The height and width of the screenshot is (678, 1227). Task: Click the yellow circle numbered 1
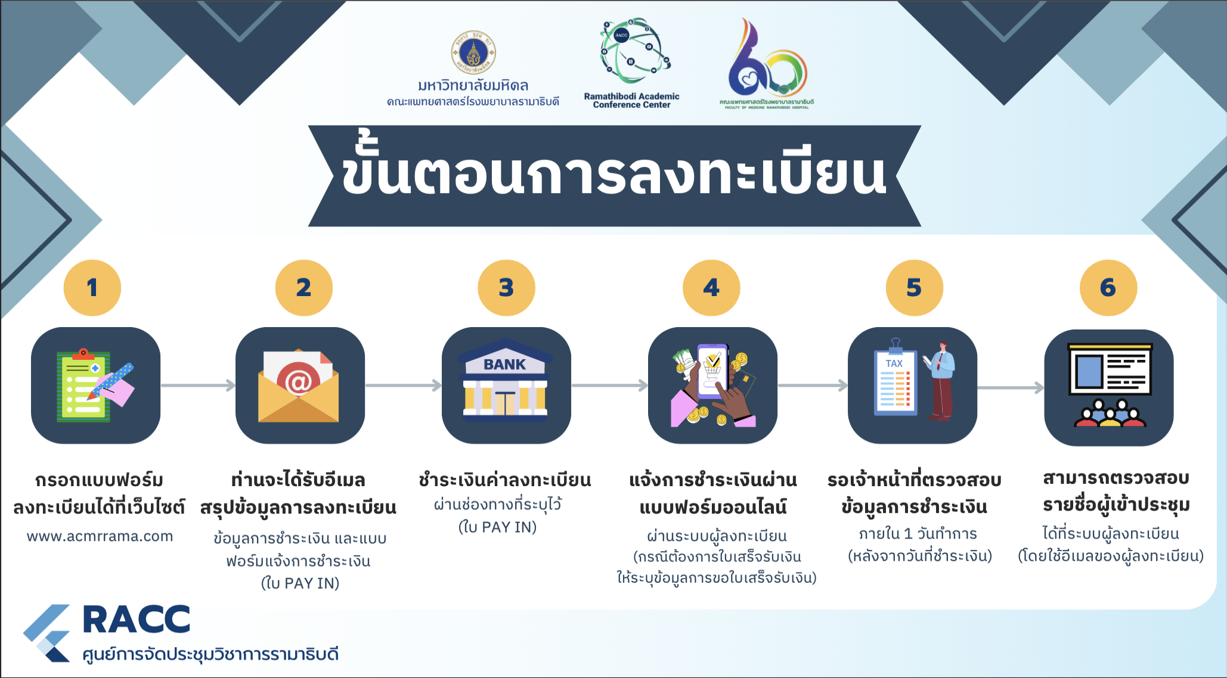tap(92, 288)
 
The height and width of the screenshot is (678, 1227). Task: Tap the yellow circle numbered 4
tap(711, 288)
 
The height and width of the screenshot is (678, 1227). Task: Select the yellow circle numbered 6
tap(1108, 288)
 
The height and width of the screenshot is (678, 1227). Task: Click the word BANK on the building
tap(504, 364)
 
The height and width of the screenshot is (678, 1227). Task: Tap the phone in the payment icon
tap(712, 371)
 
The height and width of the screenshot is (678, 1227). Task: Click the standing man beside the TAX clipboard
tap(940, 381)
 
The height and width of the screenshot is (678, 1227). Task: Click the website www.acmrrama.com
tap(100, 536)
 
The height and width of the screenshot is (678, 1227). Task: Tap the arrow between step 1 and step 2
tap(198, 385)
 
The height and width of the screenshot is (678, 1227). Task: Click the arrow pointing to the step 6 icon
tap(1011, 388)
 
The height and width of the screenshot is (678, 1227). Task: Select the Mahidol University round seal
tap(473, 52)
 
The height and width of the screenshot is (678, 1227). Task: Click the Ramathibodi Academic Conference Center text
tap(632, 100)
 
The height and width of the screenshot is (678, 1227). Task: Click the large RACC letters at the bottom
tap(137, 620)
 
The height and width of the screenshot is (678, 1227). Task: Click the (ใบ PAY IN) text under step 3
tap(498, 527)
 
